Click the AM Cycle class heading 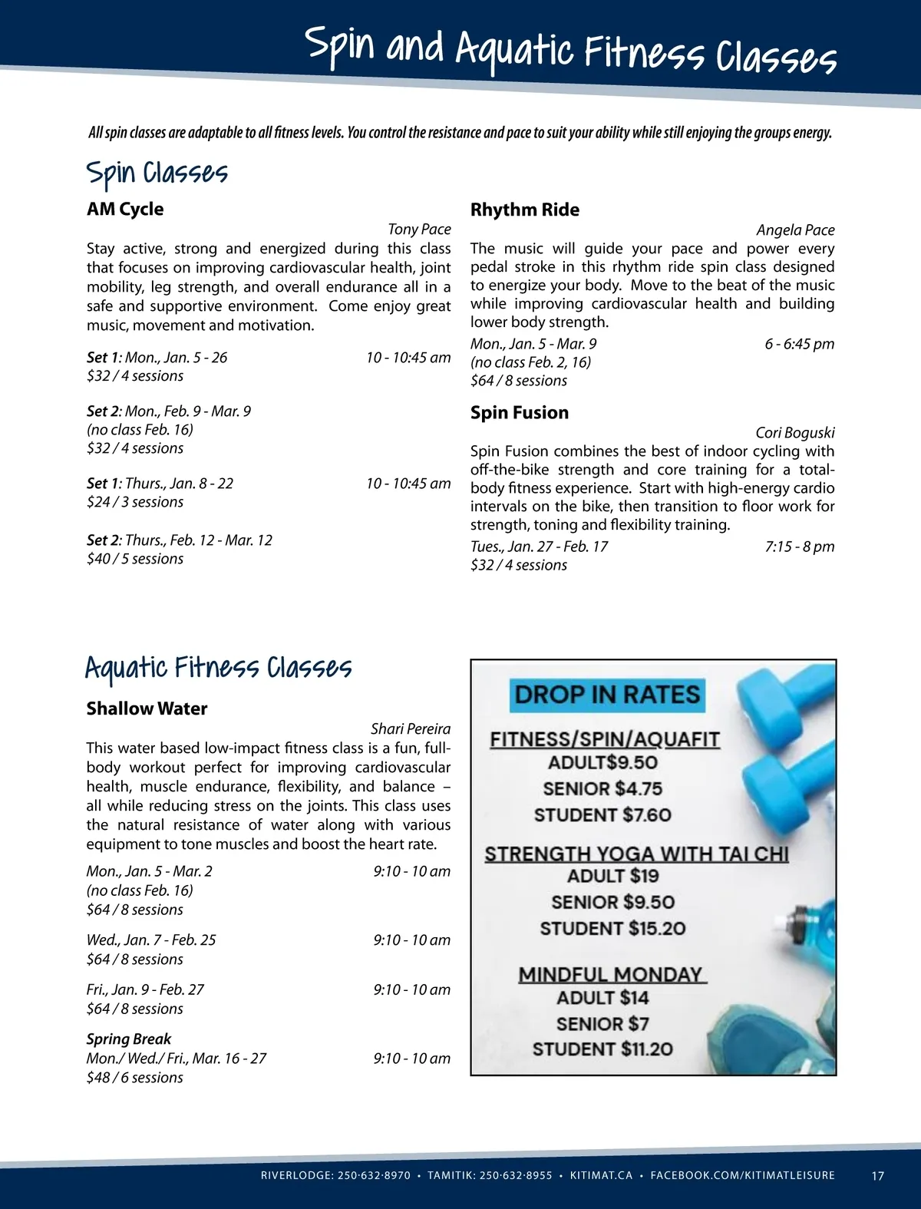click(x=125, y=210)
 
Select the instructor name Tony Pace click(x=419, y=230)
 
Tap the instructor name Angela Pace click(x=795, y=230)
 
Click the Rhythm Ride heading click(x=525, y=210)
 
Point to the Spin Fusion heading click(x=520, y=413)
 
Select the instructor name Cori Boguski click(x=795, y=433)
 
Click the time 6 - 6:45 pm click(x=799, y=344)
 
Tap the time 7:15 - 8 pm click(x=799, y=547)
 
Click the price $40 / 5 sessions click(x=135, y=559)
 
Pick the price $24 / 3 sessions click(x=135, y=502)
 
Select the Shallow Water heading click(x=147, y=709)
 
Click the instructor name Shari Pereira click(x=411, y=728)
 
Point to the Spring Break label click(x=129, y=1039)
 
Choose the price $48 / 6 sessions click(x=135, y=1078)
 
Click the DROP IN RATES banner click(x=607, y=695)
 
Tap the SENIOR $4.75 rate click(x=602, y=788)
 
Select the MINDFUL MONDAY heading click(x=612, y=975)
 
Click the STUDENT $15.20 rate click(x=612, y=929)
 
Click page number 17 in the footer click(x=878, y=1175)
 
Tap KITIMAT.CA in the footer click(x=601, y=1175)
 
